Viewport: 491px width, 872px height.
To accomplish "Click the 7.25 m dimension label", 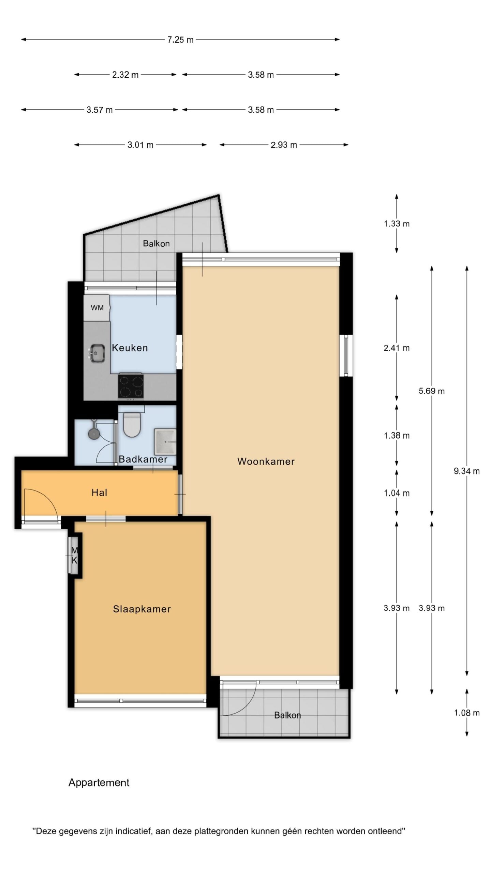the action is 180,40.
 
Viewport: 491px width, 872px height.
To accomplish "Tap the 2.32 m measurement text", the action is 125,75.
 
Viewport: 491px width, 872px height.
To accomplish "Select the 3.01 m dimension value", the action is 140,145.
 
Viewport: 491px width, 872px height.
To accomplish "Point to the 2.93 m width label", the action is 284,145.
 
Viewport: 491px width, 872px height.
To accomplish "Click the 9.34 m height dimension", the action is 466,471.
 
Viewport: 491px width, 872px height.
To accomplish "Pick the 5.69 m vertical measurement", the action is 432,391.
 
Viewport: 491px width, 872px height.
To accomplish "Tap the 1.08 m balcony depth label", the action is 466,713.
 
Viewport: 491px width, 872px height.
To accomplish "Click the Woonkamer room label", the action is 266,462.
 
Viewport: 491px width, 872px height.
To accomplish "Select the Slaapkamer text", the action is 142,609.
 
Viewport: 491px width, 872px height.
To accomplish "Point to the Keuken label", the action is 130,348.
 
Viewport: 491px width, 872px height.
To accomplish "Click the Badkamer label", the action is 143,459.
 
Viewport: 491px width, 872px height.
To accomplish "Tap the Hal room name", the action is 99,493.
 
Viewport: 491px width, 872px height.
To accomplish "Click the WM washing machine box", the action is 97,308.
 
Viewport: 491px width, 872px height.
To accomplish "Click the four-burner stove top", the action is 131,386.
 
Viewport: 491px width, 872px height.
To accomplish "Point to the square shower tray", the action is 165,442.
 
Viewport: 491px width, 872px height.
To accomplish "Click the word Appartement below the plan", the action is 99,783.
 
